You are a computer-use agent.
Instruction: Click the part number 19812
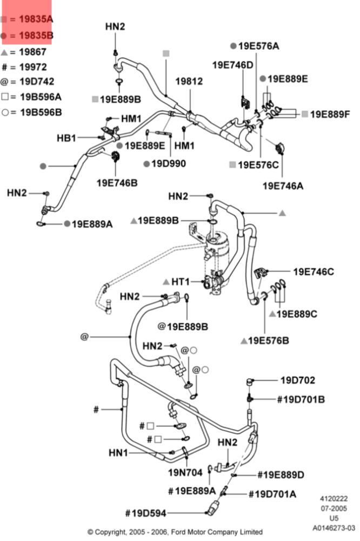[189, 82]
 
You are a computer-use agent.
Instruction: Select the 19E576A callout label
[258, 46]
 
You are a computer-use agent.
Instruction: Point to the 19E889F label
[330, 114]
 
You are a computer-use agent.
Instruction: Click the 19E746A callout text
[283, 186]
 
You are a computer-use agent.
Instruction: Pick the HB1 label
[66, 138]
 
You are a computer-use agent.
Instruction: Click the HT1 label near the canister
[181, 282]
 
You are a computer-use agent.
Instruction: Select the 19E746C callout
[314, 272]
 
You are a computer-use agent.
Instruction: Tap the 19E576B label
[269, 340]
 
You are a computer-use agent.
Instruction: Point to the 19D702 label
[297, 380]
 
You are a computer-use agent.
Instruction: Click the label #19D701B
[301, 399]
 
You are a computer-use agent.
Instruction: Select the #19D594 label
[145, 513]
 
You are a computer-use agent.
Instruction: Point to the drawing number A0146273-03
[334, 527]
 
